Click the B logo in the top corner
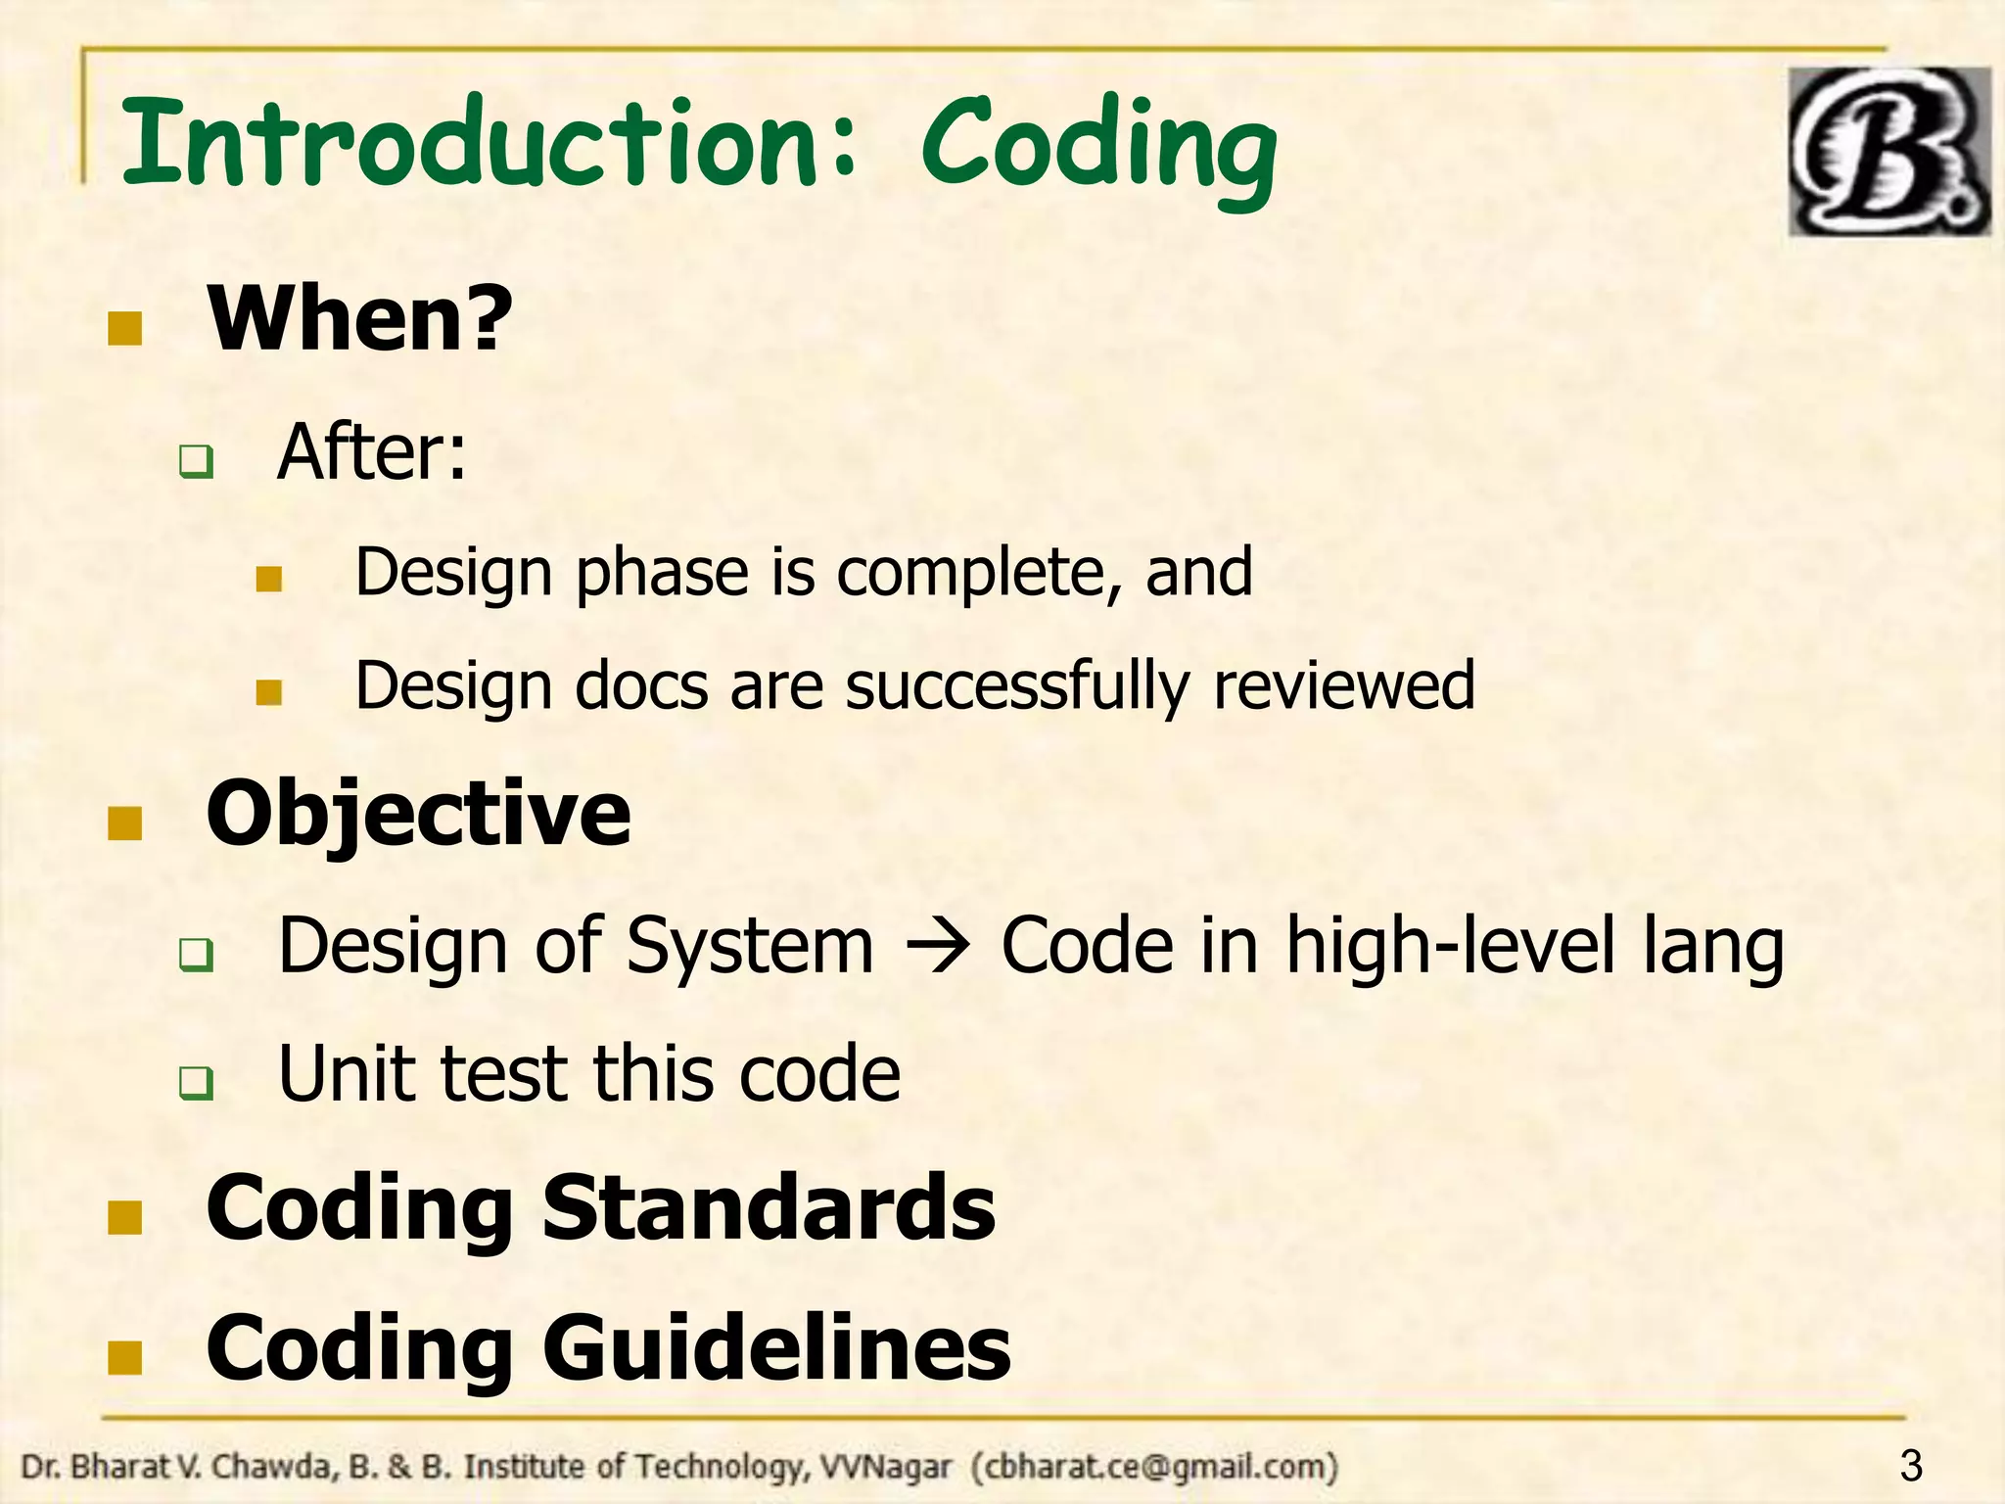pos(1888,152)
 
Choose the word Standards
pos(768,1206)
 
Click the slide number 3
pos(1910,1466)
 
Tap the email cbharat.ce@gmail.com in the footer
pos(1155,1467)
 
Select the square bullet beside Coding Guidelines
pos(124,1357)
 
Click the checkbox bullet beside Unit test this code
pos(196,1083)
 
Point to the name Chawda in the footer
pos(258,1467)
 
